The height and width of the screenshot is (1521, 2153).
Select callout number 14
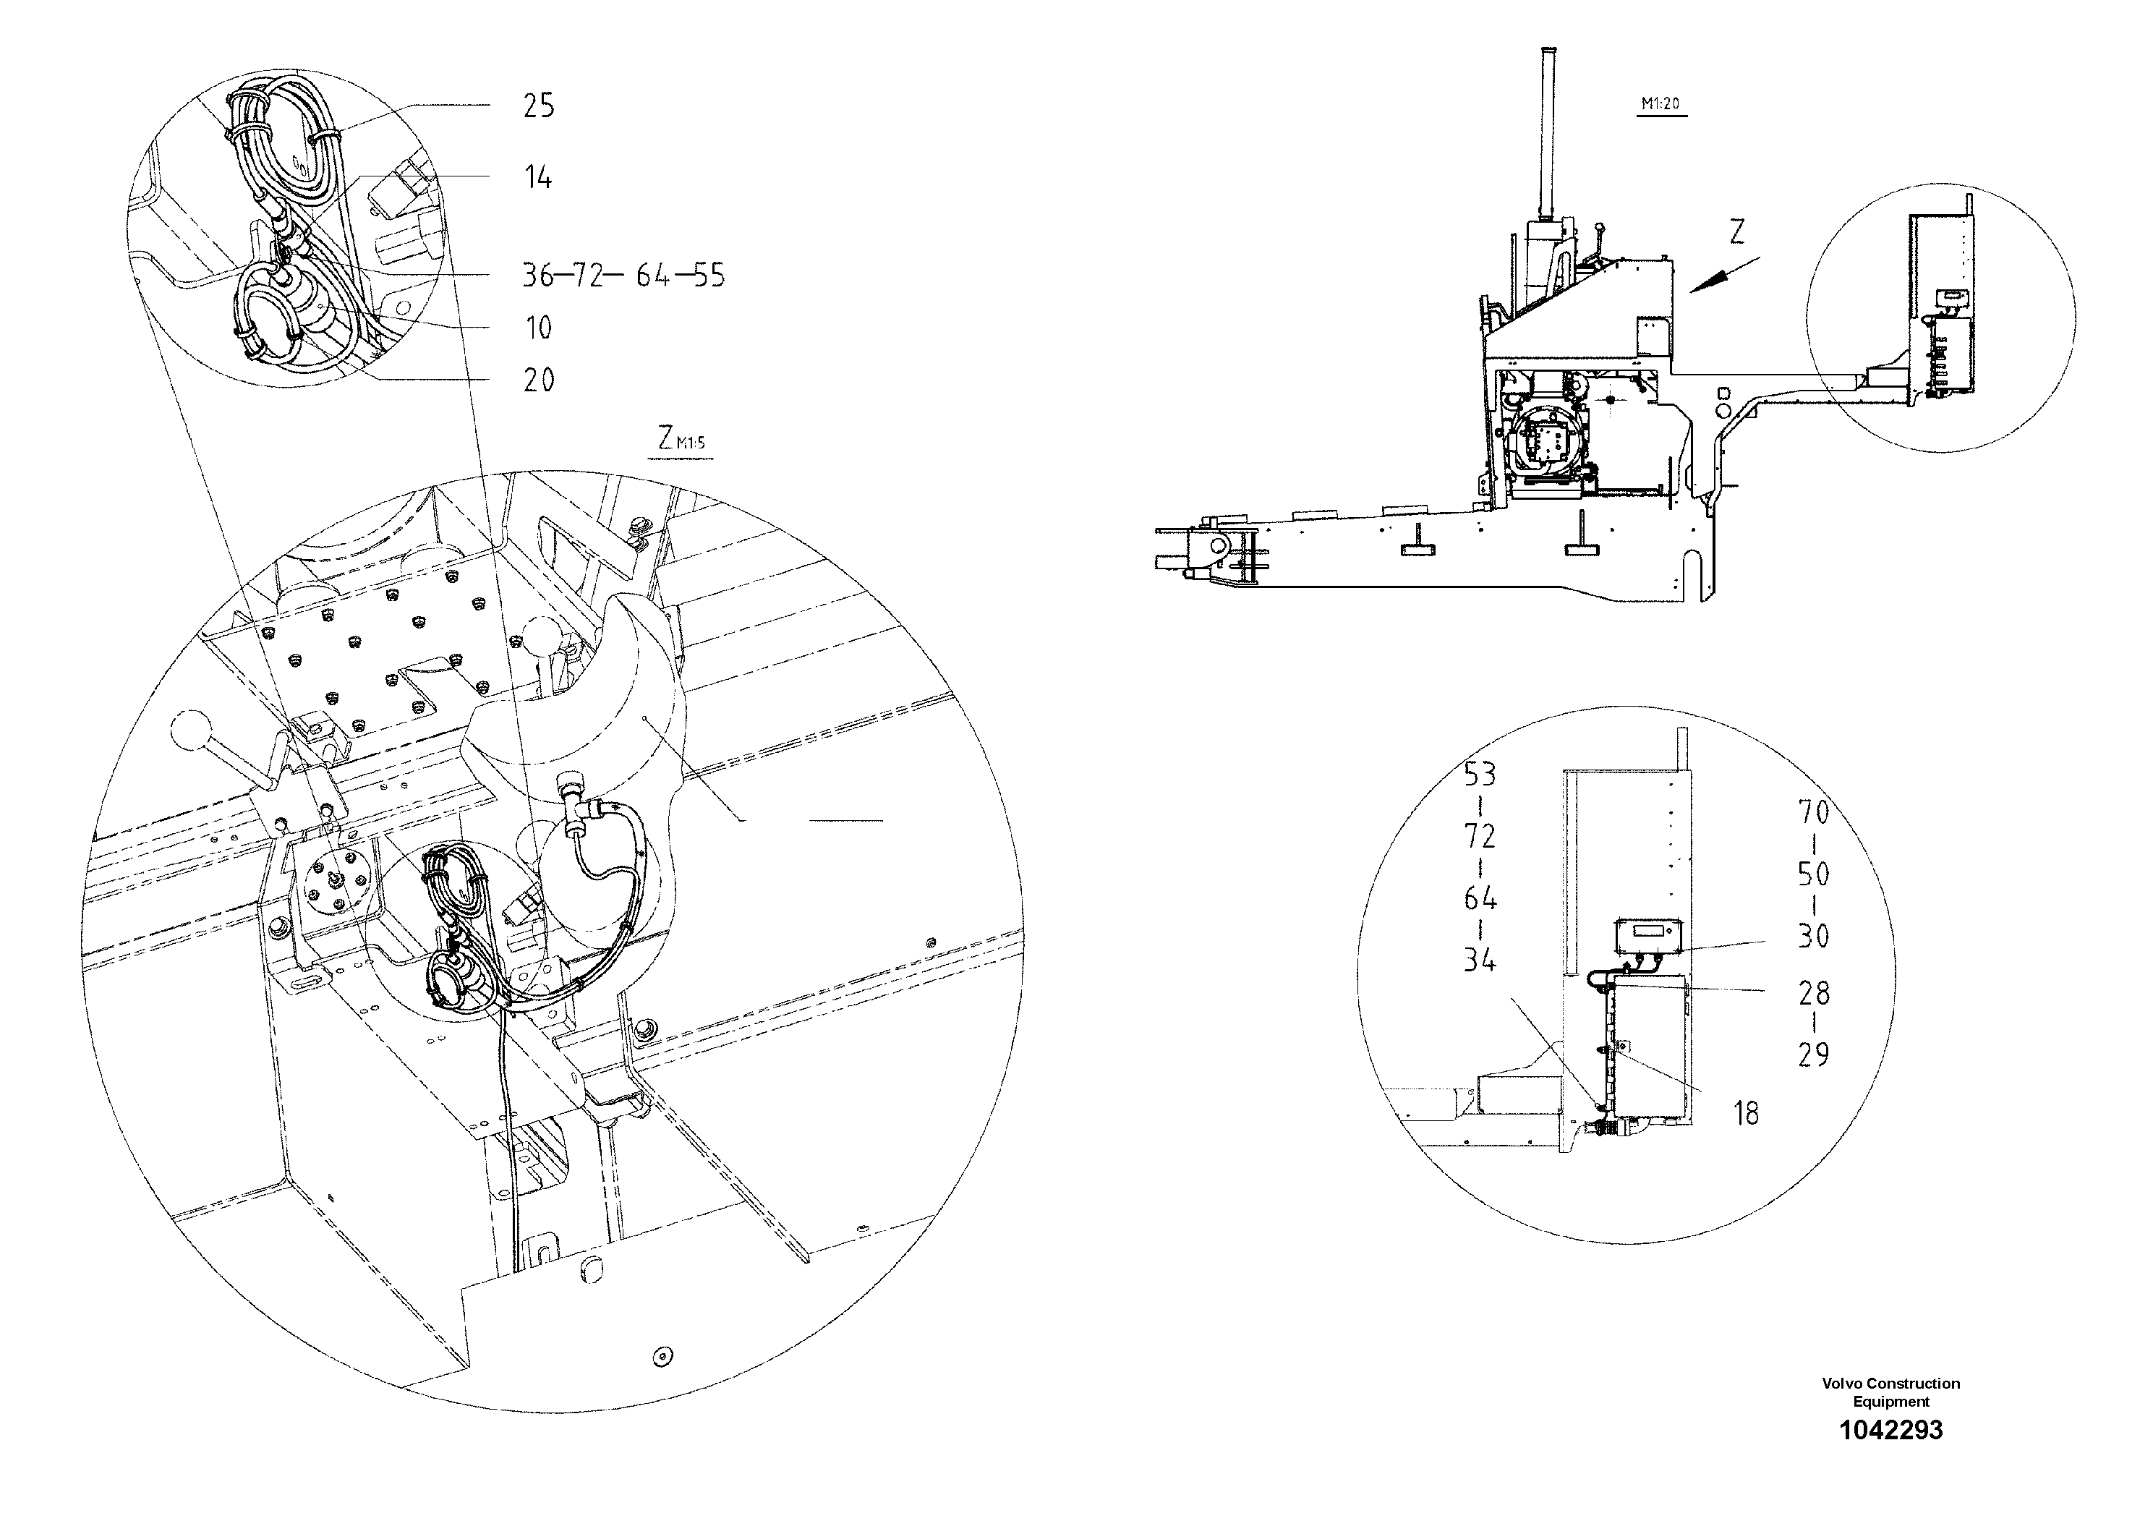pyautogui.click(x=538, y=176)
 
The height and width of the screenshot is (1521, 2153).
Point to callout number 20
pyautogui.click(x=538, y=380)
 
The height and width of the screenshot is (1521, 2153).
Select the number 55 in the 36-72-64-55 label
pyautogui.click(x=708, y=276)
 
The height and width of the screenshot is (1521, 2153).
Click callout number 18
pyautogui.click(x=1746, y=1113)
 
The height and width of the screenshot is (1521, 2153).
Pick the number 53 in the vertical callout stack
pyautogui.click(x=1480, y=775)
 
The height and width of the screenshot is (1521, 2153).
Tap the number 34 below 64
pyautogui.click(x=1480, y=960)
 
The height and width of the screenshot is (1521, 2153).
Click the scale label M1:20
pyautogui.click(x=1660, y=104)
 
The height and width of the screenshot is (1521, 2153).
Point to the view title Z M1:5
pyautogui.click(x=680, y=440)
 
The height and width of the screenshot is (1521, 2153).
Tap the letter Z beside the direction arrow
pyautogui.click(x=1736, y=231)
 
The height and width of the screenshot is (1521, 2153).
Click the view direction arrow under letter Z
pyautogui.click(x=1723, y=276)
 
